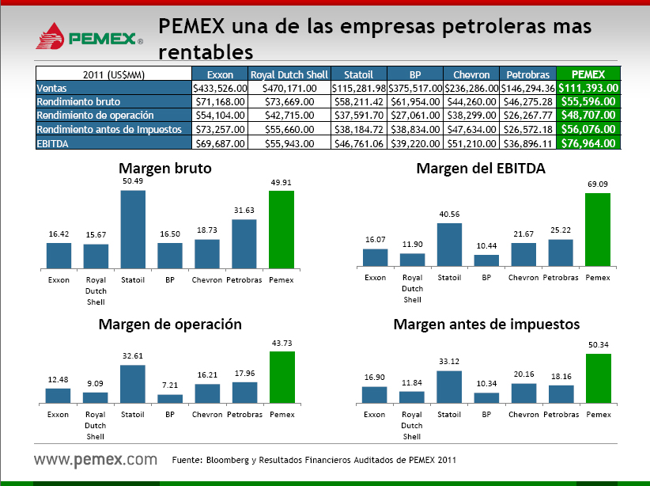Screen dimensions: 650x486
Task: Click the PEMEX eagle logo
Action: tap(50, 36)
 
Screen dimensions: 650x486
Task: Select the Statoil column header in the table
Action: tap(358, 74)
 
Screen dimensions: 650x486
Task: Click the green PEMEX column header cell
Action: tap(588, 74)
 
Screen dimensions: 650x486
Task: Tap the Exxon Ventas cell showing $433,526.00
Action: tap(220, 88)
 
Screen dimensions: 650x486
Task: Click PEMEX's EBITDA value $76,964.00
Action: tap(588, 143)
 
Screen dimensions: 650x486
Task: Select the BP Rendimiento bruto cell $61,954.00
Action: tap(415, 101)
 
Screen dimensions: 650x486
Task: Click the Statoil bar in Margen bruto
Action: tap(133, 230)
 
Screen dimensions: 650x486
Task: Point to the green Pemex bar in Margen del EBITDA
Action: tap(598, 230)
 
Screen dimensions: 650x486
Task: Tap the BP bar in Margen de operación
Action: tap(170, 399)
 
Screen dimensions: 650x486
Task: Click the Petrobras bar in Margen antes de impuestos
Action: tap(561, 394)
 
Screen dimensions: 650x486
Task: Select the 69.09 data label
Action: tap(598, 184)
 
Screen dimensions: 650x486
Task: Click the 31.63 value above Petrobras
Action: tap(244, 210)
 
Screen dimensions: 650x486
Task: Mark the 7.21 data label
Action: tap(170, 385)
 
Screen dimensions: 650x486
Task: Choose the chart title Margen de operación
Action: tap(170, 325)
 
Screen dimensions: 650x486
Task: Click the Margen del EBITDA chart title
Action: tap(481, 168)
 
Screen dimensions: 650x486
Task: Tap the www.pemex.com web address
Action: tap(96, 459)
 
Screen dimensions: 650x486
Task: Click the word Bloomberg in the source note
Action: tap(228, 460)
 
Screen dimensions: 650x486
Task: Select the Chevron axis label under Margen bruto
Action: tap(207, 279)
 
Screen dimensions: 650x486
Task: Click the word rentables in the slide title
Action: tap(206, 52)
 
